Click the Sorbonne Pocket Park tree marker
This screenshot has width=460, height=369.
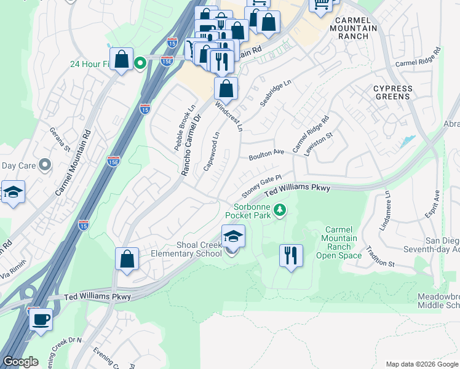[x=280, y=211]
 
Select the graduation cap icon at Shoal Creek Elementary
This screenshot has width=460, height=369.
[x=233, y=236]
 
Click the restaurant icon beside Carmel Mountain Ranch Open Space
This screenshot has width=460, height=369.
[x=291, y=254]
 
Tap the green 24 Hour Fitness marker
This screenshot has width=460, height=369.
[x=140, y=62]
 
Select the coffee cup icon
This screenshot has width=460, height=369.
[x=41, y=320]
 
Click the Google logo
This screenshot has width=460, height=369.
[x=20, y=362]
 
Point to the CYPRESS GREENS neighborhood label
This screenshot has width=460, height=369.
[x=392, y=93]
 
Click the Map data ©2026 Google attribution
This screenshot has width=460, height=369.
[x=421, y=363]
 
